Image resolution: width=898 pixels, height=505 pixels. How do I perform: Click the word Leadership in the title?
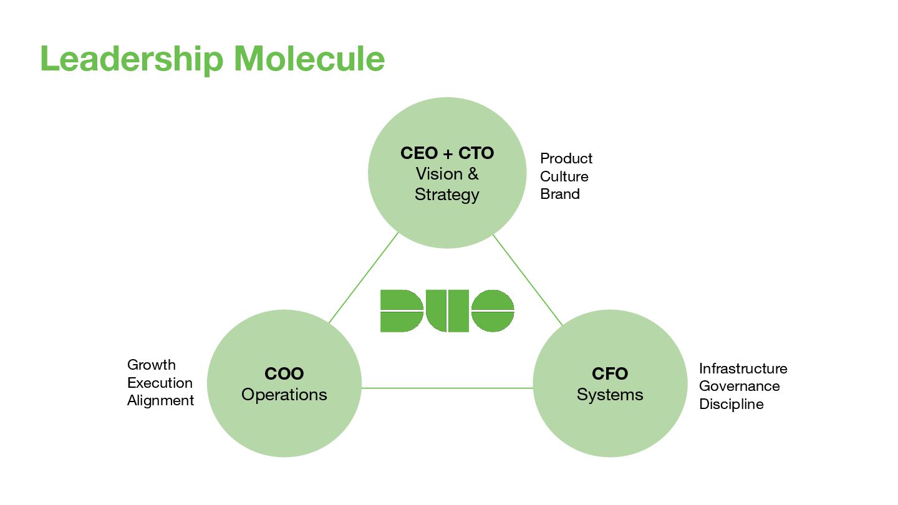pyautogui.click(x=131, y=59)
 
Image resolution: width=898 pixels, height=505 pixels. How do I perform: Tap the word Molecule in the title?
pyautogui.click(x=309, y=59)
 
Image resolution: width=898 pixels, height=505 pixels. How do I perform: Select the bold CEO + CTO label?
pyautogui.click(x=447, y=153)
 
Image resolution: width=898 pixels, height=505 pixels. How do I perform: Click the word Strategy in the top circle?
pyautogui.click(x=447, y=195)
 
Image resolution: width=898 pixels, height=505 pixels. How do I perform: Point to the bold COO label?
pyautogui.click(x=284, y=374)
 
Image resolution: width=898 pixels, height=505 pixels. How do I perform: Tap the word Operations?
pyautogui.click(x=284, y=395)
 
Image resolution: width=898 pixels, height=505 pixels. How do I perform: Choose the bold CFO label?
pyautogui.click(x=610, y=374)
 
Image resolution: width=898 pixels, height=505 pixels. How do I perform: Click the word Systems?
pyautogui.click(x=610, y=395)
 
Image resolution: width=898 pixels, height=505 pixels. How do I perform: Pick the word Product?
pyautogui.click(x=566, y=158)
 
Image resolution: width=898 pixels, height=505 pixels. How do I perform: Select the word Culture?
pyautogui.click(x=564, y=176)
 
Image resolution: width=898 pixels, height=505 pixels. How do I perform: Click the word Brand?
pyautogui.click(x=560, y=194)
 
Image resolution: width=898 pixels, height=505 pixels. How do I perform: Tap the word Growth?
pyautogui.click(x=152, y=365)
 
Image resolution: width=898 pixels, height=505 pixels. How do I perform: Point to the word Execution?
pyautogui.click(x=160, y=383)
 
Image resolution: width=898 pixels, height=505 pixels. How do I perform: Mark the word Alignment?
pyautogui.click(x=161, y=400)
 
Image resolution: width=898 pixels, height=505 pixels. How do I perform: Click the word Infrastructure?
pyautogui.click(x=743, y=368)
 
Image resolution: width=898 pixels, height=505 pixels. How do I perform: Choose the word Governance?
pyautogui.click(x=739, y=386)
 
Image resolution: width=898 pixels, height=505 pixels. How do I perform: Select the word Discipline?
pyautogui.click(x=731, y=404)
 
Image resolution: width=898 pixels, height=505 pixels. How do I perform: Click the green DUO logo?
pyautogui.click(x=447, y=310)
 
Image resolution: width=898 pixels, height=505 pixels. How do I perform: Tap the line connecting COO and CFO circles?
pyautogui.click(x=447, y=388)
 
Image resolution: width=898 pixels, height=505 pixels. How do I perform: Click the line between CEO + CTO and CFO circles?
pyautogui.click(x=528, y=280)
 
